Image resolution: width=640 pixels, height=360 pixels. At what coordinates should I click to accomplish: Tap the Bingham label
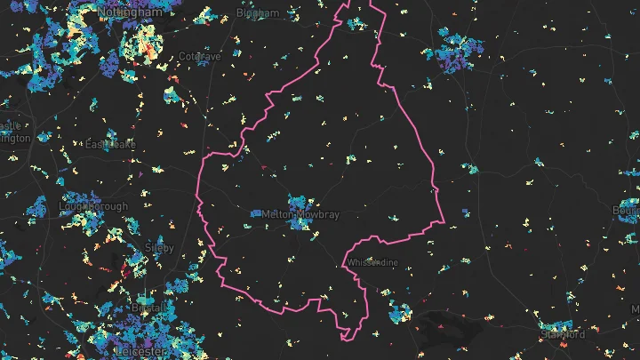[257, 13]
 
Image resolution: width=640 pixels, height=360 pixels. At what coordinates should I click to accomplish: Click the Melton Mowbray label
[301, 215]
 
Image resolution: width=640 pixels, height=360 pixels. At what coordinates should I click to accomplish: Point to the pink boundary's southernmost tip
[343, 336]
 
